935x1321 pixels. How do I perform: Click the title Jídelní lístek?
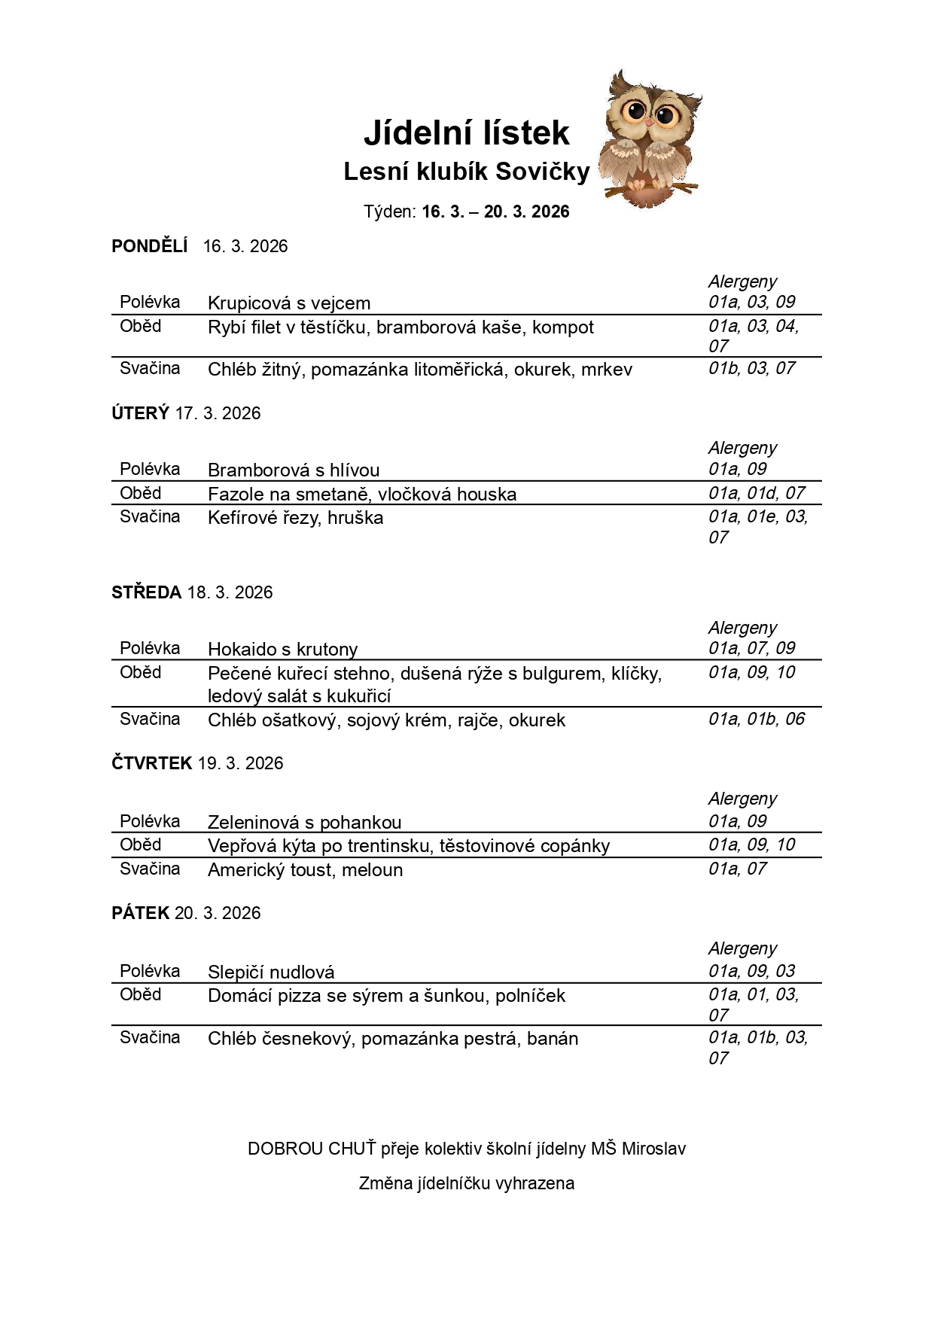point(466,133)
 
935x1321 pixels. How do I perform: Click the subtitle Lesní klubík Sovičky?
point(466,172)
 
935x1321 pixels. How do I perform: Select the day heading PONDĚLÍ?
point(149,246)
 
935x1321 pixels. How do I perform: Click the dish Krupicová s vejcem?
point(289,303)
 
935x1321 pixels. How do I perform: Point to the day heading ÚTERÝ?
point(140,413)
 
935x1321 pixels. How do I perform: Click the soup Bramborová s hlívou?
point(294,470)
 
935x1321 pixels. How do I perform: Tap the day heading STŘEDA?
point(147,592)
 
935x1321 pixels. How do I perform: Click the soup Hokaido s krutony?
point(282,650)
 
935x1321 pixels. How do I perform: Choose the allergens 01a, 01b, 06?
point(756,719)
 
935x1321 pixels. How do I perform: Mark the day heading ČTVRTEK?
point(152,763)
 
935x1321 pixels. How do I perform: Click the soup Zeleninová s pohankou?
point(304,822)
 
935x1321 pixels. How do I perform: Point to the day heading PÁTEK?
point(141,913)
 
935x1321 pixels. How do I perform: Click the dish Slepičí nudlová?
point(271,972)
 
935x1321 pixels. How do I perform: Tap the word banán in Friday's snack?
point(553,1039)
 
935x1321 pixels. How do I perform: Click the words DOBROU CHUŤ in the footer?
point(311,1149)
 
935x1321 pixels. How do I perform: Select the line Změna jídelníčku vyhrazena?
point(466,1183)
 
